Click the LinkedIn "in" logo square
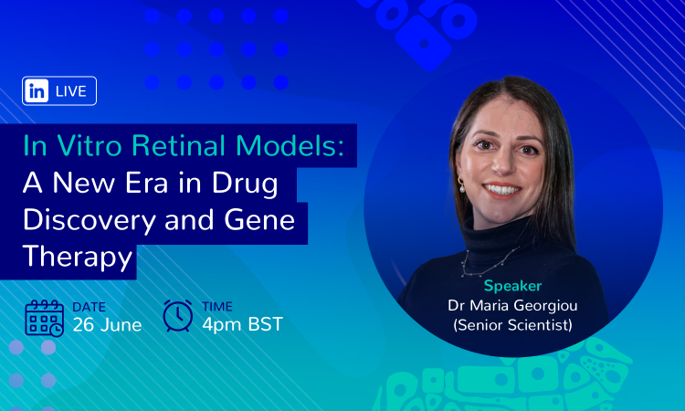[37, 90]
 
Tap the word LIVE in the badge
[71, 91]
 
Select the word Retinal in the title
[178, 145]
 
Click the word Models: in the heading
[290, 145]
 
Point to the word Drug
[245, 184]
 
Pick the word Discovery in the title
[90, 221]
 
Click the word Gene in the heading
[259, 220]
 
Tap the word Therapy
[78, 258]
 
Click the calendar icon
[45, 319]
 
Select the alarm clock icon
[178, 315]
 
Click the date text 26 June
[107, 325]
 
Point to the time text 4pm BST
[242, 324]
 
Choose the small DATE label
[90, 307]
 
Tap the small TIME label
[217, 307]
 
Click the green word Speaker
[512, 287]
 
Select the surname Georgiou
[545, 306]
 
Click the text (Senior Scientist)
[512, 325]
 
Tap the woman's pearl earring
[461, 185]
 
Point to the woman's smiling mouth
[501, 190]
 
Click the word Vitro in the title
[90, 145]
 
